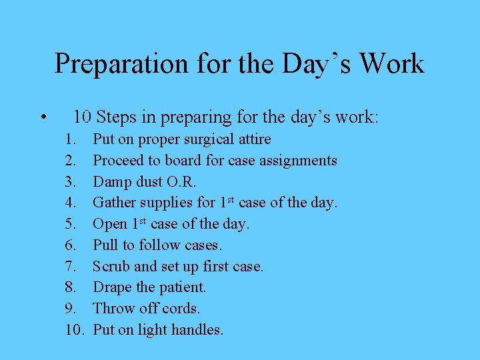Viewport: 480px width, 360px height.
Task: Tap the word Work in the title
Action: click(x=392, y=64)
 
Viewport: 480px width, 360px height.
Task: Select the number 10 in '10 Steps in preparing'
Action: click(x=83, y=118)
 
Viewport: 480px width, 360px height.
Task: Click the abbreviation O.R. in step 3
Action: click(x=181, y=181)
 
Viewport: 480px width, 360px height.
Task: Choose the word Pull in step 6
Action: click(x=104, y=245)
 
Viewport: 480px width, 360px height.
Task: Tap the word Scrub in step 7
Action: click(x=111, y=266)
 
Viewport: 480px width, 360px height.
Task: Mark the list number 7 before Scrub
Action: click(x=71, y=266)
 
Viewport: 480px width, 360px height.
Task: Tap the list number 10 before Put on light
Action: click(x=75, y=329)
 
